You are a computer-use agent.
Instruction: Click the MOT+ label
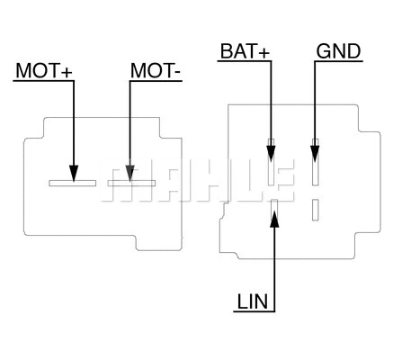[42, 70]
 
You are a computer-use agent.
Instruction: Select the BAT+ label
[244, 50]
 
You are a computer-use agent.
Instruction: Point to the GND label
[338, 50]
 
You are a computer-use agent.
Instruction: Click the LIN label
[254, 301]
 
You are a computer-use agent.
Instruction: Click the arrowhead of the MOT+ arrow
[74, 171]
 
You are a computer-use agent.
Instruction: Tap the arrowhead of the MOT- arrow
[130, 171]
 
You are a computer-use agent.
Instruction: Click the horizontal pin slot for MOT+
[72, 183]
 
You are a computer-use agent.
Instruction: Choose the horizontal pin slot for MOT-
[131, 183]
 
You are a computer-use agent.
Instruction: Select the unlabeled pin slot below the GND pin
[315, 209]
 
